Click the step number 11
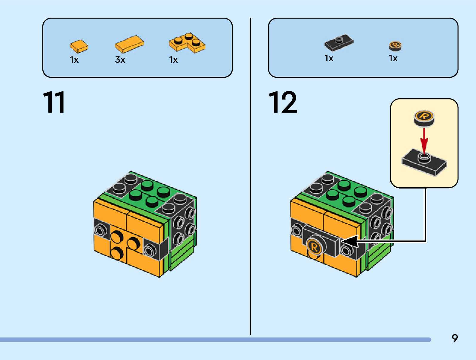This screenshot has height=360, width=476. (x=54, y=102)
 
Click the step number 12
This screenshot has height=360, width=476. (x=283, y=102)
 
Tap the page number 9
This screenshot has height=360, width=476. (x=454, y=338)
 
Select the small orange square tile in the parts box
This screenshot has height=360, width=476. (x=79, y=46)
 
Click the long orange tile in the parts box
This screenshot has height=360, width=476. (x=129, y=44)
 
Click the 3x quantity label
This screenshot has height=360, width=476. (x=120, y=60)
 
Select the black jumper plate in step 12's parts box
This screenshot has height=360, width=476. (x=339, y=42)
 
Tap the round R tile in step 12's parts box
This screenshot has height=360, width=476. (x=395, y=46)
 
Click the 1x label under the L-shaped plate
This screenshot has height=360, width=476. (x=173, y=60)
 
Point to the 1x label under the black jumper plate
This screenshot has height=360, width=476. (x=329, y=58)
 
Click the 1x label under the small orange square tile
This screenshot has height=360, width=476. (x=74, y=60)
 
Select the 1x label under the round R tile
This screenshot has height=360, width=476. (x=393, y=58)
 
